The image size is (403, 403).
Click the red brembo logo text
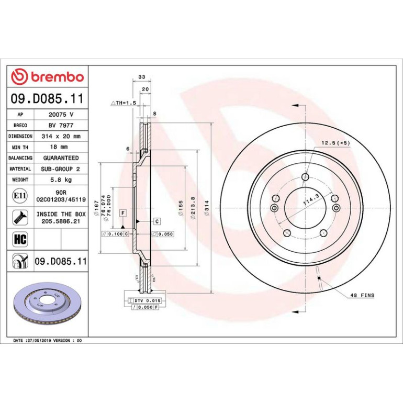click(x=58, y=77)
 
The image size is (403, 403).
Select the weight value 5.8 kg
click(x=61, y=180)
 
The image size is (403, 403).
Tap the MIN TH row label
click(x=20, y=147)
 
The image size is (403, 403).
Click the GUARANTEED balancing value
click(x=61, y=158)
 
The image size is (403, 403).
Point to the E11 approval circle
click(x=20, y=196)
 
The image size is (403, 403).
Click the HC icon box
click(x=20, y=239)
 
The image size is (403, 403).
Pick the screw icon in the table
click(x=20, y=217)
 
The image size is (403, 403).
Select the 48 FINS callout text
click(x=362, y=295)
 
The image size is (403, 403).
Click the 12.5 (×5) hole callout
click(x=335, y=143)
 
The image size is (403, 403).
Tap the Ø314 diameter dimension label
click(x=207, y=208)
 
